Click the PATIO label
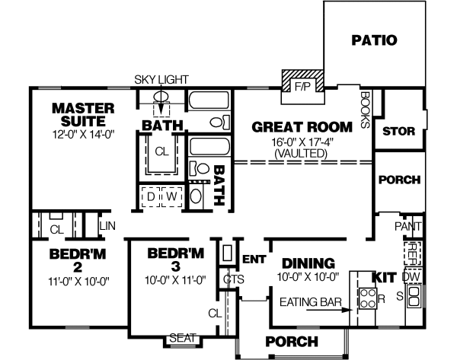coord(374,40)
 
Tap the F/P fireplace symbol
coord(303,86)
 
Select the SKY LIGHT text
coord(161,79)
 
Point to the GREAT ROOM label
coord(302,127)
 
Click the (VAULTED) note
coord(302,152)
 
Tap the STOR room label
coord(398,131)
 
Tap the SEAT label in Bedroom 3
coord(182,338)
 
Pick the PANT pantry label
coord(408,226)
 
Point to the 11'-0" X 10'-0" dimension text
coord(67,281)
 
